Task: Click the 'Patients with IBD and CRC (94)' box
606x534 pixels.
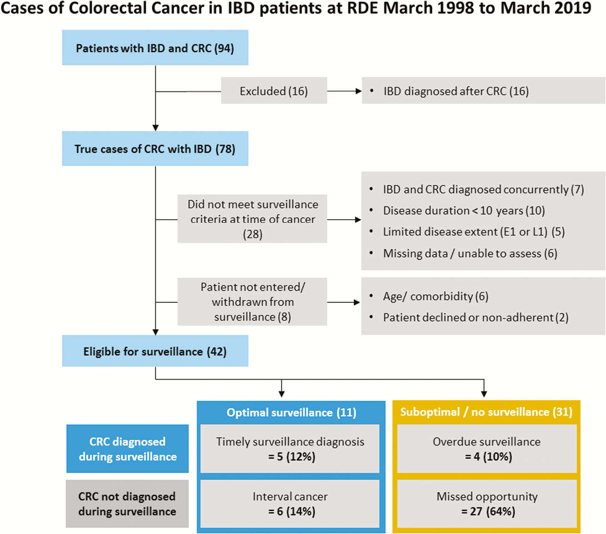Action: click(155, 48)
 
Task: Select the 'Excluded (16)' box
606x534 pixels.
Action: click(274, 91)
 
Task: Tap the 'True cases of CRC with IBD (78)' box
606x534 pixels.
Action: click(155, 148)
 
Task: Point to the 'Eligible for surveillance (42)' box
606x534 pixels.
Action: click(155, 351)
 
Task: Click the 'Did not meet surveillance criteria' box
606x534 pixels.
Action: click(252, 219)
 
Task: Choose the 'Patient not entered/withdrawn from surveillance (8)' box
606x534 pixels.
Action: click(252, 302)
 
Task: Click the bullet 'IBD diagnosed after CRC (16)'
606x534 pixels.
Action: click(449, 91)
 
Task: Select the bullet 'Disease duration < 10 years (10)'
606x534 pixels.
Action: click(457, 211)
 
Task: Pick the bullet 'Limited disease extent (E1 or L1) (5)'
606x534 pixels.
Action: click(467, 232)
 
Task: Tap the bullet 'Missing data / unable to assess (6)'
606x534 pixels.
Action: click(463, 253)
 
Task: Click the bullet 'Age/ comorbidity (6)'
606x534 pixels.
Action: click(429, 296)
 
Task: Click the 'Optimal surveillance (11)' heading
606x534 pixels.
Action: click(291, 412)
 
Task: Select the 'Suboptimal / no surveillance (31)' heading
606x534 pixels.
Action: click(486, 412)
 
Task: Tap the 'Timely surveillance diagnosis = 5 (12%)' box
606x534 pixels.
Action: click(290, 448)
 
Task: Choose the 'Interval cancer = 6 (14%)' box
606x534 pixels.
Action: click(290, 504)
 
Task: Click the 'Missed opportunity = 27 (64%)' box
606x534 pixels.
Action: click(487, 504)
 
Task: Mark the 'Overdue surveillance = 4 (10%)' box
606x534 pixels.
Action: click(487, 448)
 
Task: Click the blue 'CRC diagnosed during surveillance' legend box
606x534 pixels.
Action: click(127, 448)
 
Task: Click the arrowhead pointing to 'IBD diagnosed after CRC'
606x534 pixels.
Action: click(358, 91)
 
